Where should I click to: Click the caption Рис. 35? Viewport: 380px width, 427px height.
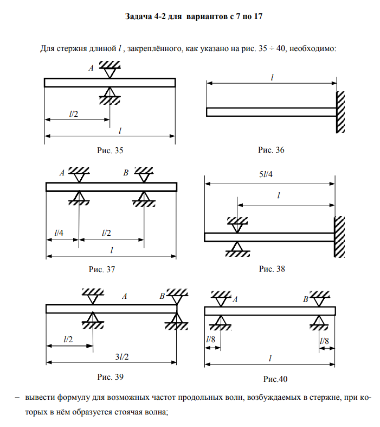pyautogui.click(x=110, y=150)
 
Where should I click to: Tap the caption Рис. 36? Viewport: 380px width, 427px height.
pyautogui.click(x=271, y=150)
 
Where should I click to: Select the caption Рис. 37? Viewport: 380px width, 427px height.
pyautogui.click(x=102, y=269)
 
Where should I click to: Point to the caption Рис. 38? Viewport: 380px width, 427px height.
pyautogui.click(x=272, y=269)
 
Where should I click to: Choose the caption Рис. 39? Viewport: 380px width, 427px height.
pyautogui.click(x=111, y=377)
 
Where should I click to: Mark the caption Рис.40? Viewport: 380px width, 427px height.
pyautogui.click(x=275, y=379)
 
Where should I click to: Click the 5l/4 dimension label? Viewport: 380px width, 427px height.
pyautogui.click(x=266, y=174)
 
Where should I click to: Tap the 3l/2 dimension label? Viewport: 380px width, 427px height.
pyautogui.click(x=122, y=357)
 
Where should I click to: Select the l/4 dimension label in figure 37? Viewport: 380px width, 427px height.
pyautogui.click(x=59, y=233)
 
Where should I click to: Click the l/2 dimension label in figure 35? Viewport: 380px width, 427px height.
pyautogui.click(x=74, y=114)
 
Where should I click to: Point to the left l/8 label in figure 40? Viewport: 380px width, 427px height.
pyautogui.click(x=211, y=340)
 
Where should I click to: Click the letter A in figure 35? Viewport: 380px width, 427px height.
pyautogui.click(x=91, y=68)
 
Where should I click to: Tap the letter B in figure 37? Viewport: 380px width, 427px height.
pyautogui.click(x=126, y=173)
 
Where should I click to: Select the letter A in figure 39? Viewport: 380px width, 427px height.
pyautogui.click(x=125, y=296)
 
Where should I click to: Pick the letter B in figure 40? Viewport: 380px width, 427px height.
pyautogui.click(x=306, y=299)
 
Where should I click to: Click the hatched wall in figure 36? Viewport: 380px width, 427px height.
pyautogui.click(x=340, y=112)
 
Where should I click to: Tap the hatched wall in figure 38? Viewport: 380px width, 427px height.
pyautogui.click(x=339, y=237)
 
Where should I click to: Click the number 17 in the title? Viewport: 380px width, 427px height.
pyautogui.click(x=258, y=17)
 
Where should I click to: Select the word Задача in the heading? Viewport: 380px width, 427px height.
pyautogui.click(x=139, y=17)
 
